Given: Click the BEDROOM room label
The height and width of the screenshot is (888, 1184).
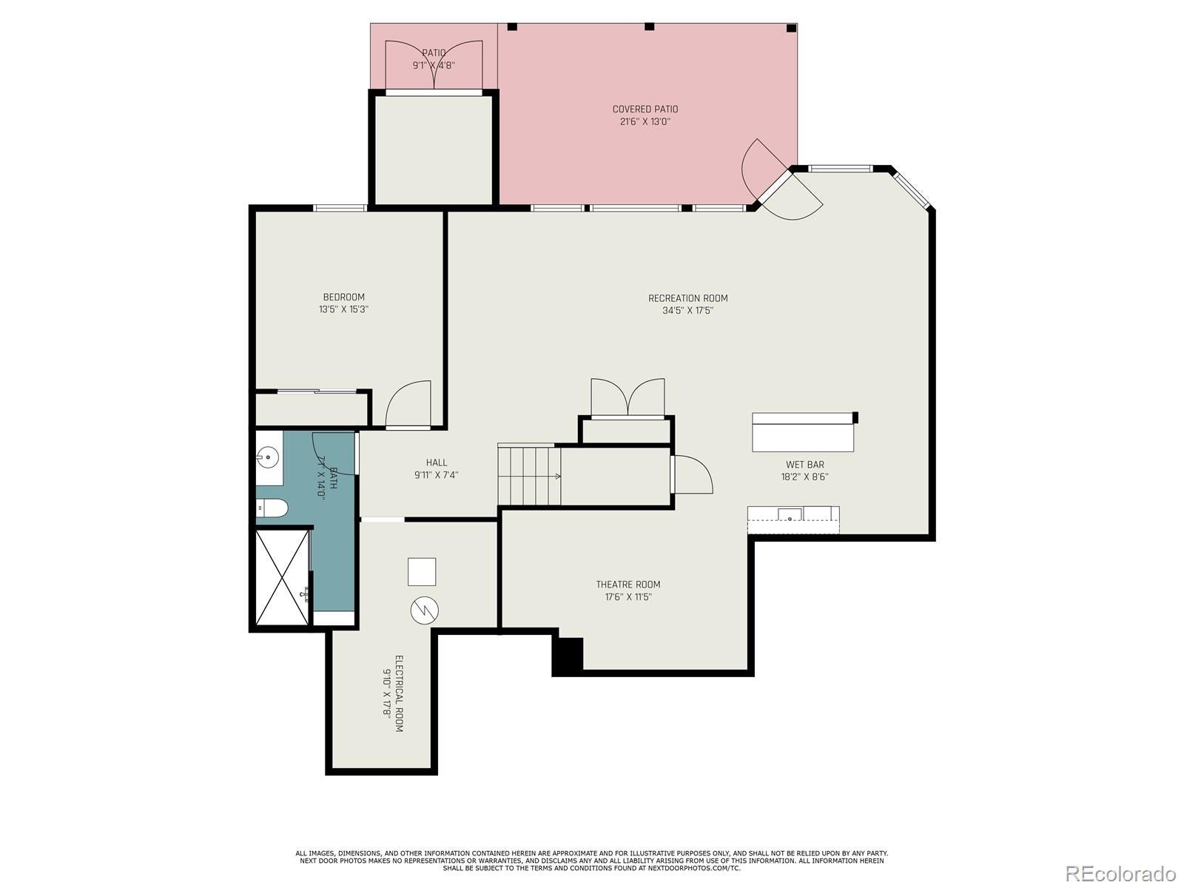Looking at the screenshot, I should (343, 297).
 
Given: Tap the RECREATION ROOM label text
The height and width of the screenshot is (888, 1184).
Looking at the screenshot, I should (687, 298).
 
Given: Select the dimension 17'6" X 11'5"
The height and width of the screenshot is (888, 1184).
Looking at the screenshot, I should (628, 597).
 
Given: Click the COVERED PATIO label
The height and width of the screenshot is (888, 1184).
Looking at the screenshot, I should (645, 110).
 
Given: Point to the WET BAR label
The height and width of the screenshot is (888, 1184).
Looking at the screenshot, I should (805, 465).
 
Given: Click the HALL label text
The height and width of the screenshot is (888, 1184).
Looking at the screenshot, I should (437, 462).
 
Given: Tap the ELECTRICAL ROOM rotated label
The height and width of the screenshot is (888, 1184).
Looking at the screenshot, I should (399, 693).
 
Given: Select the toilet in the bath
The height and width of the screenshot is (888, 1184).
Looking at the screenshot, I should (272, 508).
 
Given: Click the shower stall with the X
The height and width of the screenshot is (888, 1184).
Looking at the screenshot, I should (282, 577).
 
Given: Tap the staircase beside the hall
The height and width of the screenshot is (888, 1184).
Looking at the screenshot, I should (528, 476).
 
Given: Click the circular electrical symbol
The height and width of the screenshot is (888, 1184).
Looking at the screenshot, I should (425, 610).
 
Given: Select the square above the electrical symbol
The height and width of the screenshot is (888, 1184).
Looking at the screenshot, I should (422, 571).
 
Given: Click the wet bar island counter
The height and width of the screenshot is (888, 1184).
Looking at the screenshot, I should (803, 432).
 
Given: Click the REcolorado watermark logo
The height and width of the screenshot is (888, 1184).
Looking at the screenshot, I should (1120, 873).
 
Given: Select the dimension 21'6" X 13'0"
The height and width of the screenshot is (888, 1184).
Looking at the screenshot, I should (645, 122).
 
